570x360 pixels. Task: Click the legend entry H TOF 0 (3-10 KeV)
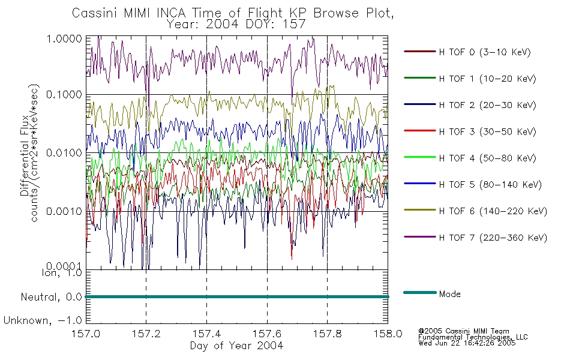tap(485, 52)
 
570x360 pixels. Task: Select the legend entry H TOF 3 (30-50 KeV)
tap(487, 131)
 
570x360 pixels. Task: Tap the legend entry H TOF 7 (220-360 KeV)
tap(493, 238)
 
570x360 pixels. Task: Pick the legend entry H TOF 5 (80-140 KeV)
tap(490, 185)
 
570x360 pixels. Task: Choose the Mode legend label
tap(449, 294)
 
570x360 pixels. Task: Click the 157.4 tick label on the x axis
tap(206, 334)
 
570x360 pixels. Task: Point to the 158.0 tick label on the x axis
tap(388, 334)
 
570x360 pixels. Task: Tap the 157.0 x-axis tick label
tap(86, 334)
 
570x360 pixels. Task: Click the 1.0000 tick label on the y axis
tap(64, 38)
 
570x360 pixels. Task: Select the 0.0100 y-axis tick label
tap(64, 153)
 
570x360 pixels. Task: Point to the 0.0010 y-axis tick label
tap(64, 211)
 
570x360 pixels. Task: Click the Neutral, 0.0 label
tap(51, 298)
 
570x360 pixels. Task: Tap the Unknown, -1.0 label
tap(43, 321)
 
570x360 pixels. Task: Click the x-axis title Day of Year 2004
tap(236, 346)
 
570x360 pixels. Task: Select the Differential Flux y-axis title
tap(25, 155)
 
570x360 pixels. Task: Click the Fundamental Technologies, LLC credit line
tap(473, 337)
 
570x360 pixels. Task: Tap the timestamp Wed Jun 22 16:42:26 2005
tap(467, 343)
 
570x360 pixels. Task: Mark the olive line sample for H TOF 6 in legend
tap(420, 210)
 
